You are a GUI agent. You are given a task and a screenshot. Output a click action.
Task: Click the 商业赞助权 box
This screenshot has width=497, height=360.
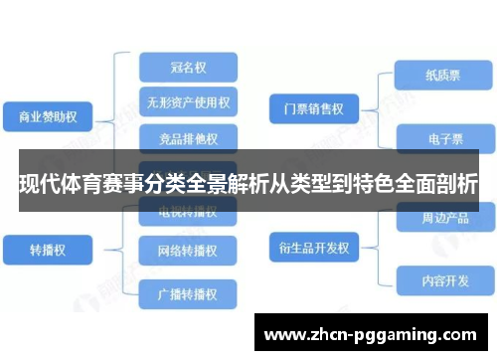click(48, 116)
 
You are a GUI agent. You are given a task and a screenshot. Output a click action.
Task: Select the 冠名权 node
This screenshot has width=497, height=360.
click(188, 67)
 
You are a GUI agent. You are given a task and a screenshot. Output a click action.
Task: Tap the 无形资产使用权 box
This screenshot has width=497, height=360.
click(188, 101)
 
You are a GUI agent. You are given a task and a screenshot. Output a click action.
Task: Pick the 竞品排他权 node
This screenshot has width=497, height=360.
click(188, 135)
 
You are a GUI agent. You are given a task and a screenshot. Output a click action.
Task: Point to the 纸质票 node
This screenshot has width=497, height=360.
click(438, 74)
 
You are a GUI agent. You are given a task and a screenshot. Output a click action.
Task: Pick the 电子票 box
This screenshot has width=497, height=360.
click(438, 138)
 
